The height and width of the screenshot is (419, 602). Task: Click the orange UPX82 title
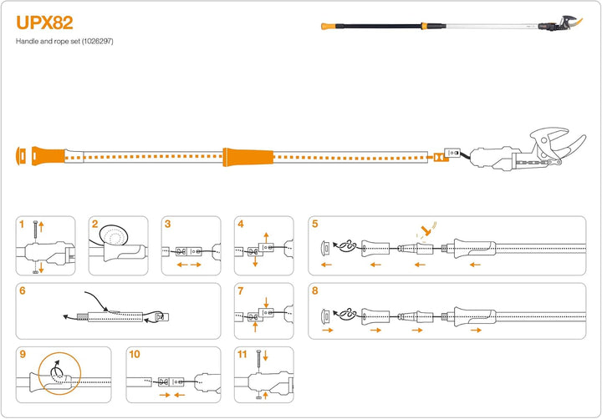44,23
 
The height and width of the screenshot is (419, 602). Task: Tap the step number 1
22,225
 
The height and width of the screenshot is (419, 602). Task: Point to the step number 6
23,291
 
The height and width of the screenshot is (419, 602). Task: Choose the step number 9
23,354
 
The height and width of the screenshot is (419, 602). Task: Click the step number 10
135,354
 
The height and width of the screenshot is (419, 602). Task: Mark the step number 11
242,354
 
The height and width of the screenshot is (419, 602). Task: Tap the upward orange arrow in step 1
42,226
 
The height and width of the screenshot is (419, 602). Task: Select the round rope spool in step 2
114,235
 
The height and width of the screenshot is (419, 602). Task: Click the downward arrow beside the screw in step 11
265,356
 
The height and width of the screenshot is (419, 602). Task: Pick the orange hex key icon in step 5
426,230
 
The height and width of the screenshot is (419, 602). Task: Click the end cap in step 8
325,316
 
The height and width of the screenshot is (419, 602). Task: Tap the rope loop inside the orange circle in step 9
56,371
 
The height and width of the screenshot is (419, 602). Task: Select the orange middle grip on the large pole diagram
248,157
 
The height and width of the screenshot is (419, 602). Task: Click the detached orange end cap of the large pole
21,156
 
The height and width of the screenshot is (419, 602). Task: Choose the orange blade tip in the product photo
577,23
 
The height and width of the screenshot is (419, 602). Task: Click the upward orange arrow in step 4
266,237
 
